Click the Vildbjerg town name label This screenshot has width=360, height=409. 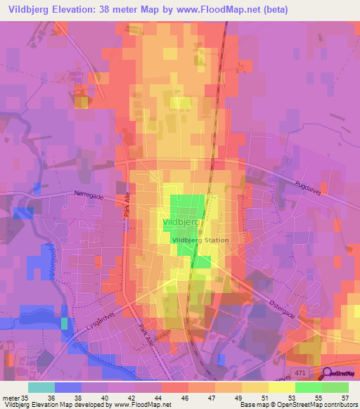182,221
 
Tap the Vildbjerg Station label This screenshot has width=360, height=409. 200,240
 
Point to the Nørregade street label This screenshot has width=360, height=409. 89,197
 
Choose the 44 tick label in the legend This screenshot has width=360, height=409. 175,396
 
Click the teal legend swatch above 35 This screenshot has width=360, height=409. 41,387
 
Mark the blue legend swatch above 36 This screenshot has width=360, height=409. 67,387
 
